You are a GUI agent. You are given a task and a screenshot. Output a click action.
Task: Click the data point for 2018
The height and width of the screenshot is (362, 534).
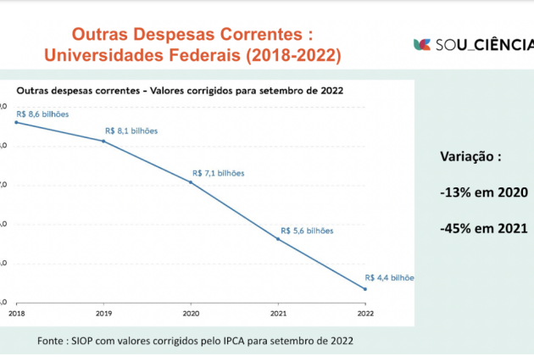[16, 123]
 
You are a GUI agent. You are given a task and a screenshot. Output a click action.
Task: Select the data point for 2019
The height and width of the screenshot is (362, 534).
[103, 141]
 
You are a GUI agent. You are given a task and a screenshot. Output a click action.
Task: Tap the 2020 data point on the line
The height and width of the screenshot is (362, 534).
[191, 182]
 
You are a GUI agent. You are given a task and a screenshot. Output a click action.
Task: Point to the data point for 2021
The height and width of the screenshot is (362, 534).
[278, 240]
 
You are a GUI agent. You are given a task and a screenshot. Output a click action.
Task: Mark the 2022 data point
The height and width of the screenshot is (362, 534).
[364, 289]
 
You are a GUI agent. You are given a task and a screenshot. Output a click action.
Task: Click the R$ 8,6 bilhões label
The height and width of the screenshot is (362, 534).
[42, 114]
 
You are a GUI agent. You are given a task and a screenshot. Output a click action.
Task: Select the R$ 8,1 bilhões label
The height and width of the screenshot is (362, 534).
[131, 131]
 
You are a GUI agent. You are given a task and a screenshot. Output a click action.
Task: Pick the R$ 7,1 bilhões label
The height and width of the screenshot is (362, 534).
[219, 173]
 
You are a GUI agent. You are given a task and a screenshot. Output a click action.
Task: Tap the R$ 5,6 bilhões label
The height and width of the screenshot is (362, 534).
[307, 231]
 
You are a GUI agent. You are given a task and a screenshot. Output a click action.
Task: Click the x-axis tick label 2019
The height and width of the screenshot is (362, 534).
[103, 313]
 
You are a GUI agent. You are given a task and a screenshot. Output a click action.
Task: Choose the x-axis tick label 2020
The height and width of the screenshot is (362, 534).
[191, 313]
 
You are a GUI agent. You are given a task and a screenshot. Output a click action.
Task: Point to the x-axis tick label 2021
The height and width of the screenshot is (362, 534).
[277, 313]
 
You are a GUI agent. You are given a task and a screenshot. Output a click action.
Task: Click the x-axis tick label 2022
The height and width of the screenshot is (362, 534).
[364, 313]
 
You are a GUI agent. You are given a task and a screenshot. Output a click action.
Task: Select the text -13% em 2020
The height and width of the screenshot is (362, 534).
[484, 192]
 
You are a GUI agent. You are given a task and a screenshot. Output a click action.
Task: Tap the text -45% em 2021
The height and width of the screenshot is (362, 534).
[484, 228]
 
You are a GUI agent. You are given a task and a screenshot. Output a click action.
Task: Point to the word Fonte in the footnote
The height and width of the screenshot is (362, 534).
[54, 341]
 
